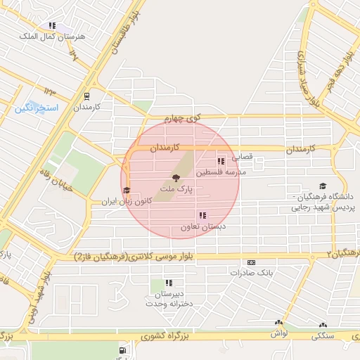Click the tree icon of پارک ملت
click(174, 178)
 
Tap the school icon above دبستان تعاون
click(202, 216)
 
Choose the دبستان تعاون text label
click(202, 227)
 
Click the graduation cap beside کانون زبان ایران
click(127, 191)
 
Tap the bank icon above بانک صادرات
click(251, 262)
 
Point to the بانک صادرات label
click(250, 272)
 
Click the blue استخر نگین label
click(36, 108)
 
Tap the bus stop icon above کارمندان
click(86, 96)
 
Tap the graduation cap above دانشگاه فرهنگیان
click(323, 186)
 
